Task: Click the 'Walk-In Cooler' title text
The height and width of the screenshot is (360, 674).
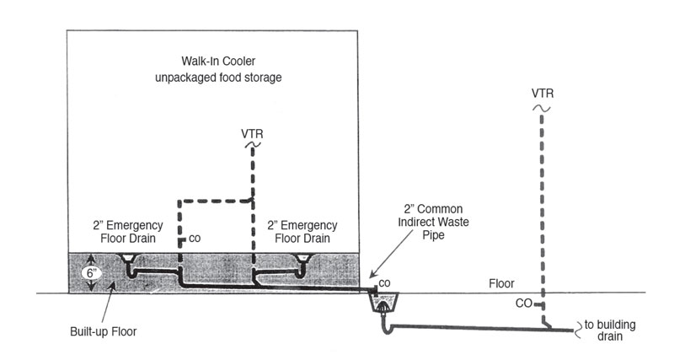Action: pos(218,61)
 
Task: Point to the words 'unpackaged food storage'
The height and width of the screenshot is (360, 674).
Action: pos(218,78)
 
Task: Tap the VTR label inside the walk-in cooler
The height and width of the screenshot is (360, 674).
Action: pos(252,134)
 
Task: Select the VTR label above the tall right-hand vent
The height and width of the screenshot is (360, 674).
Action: pos(543,94)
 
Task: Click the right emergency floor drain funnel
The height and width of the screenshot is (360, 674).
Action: pos(303,258)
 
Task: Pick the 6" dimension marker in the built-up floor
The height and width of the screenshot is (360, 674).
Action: pos(90,272)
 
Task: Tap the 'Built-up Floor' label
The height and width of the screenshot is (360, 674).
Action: pos(103,331)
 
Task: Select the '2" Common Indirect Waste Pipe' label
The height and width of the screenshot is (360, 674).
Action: pos(433,222)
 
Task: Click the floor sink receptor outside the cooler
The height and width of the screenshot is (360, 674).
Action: pos(384,303)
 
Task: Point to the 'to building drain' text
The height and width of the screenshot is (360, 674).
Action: pos(610,330)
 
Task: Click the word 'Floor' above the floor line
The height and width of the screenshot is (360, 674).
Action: pos(501,283)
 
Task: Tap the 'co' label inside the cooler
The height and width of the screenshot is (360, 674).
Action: pos(195,239)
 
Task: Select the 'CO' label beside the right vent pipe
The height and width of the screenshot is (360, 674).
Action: pos(523,304)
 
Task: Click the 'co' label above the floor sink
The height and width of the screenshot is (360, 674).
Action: pos(384,283)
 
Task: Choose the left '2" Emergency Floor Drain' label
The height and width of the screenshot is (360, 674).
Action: pos(128,232)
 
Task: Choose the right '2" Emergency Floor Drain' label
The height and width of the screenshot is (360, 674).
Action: pos(302,232)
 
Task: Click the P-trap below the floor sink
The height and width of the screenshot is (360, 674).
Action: pos(387,328)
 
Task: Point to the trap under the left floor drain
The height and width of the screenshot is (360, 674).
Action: pos(132,271)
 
